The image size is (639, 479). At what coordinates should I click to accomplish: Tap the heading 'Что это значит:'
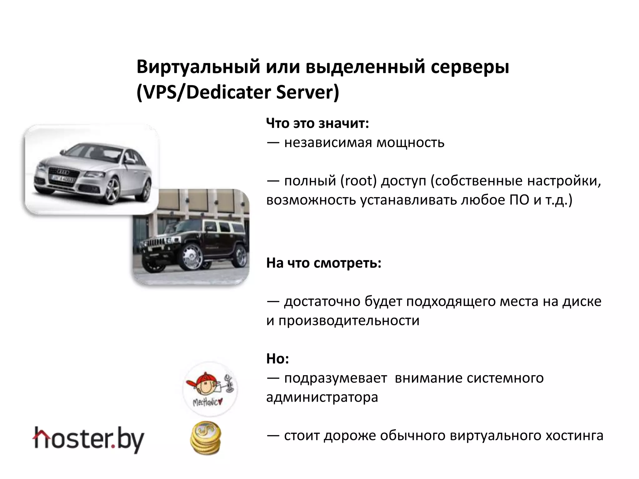318,123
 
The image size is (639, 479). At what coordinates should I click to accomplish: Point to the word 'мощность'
410,143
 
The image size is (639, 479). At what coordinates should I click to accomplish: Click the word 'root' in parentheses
359,181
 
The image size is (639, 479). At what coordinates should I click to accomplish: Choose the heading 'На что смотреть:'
324,263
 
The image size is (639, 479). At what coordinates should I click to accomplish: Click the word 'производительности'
349,321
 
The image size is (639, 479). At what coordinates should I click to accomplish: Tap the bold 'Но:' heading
277,359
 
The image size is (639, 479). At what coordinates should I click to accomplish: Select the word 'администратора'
322,397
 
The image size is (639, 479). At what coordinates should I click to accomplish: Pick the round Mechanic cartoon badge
210,389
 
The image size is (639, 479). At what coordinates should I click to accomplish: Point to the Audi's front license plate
62,179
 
